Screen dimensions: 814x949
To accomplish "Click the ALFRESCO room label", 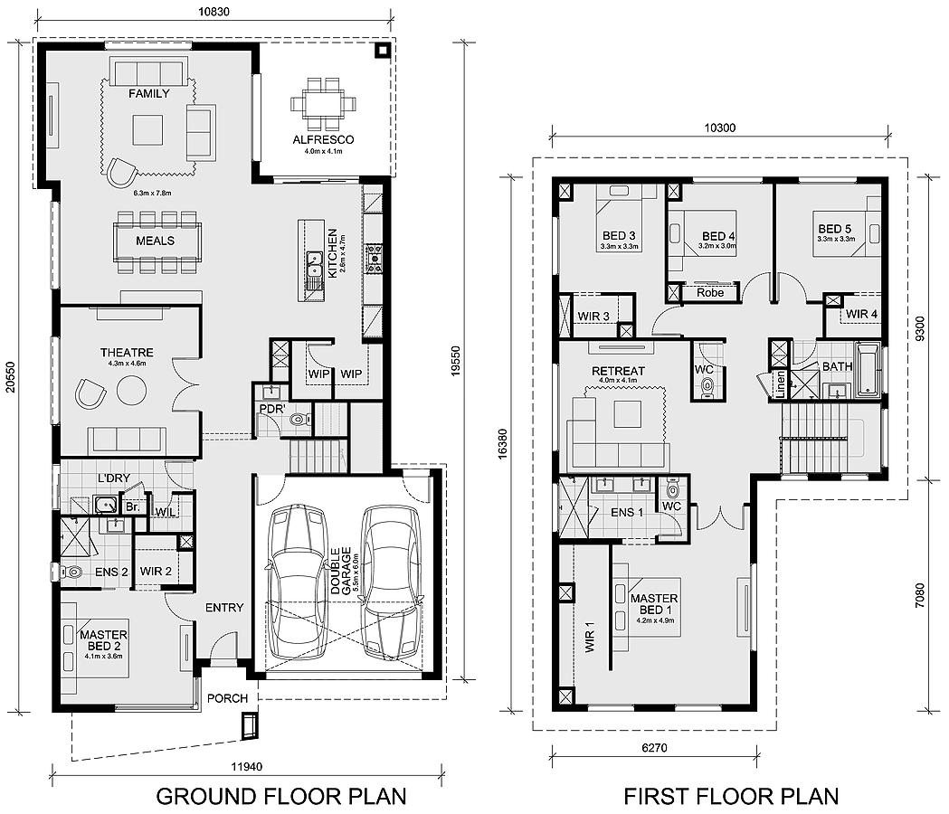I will [x=323, y=140].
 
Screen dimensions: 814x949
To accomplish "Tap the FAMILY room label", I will [x=149, y=94].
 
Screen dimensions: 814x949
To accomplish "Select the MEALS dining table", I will [x=156, y=241].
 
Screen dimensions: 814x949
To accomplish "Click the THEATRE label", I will [x=127, y=353].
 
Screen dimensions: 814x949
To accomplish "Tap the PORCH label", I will [x=225, y=698].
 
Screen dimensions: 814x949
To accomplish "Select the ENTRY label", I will [x=224, y=608].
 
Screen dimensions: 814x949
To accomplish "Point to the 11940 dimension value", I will [x=247, y=767].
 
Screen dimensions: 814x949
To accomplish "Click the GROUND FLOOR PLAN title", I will [x=280, y=797].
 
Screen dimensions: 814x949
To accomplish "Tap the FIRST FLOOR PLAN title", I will [x=731, y=797].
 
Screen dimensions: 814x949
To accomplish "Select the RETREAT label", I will [x=618, y=371].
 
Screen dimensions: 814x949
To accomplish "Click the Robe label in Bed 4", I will [x=709, y=293].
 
